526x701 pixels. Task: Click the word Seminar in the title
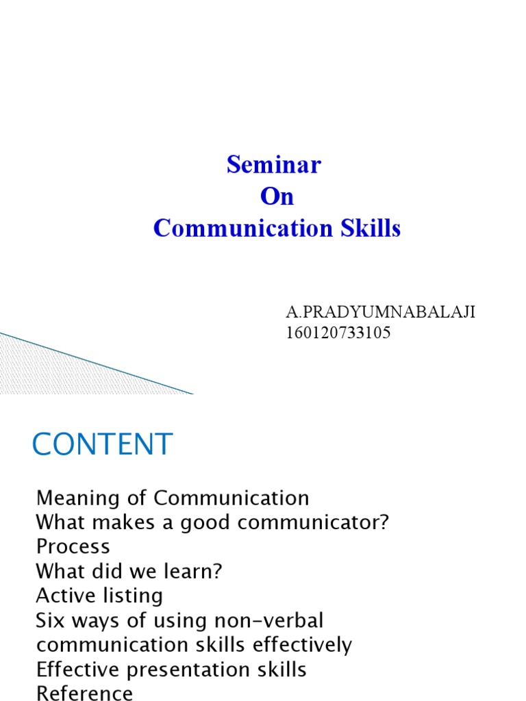(x=274, y=165)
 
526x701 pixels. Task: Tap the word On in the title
(x=277, y=196)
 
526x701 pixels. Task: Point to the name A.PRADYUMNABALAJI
(x=380, y=313)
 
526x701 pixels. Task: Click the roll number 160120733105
(x=338, y=334)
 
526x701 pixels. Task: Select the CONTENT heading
(x=103, y=444)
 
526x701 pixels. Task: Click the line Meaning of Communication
(x=173, y=497)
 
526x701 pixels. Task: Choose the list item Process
(x=73, y=546)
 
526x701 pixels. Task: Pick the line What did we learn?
(x=130, y=571)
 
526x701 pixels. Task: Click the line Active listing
(x=99, y=596)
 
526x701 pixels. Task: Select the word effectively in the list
(x=301, y=645)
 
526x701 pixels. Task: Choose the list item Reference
(x=84, y=693)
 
